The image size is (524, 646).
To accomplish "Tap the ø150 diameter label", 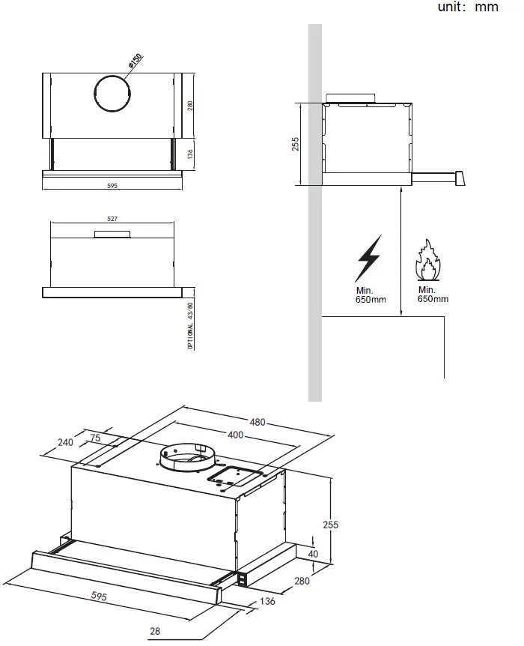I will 135,61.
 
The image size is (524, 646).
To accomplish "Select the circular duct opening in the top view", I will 112,94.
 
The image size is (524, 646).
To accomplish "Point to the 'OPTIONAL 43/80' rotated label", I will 190,326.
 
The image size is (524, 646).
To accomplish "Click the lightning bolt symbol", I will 368,259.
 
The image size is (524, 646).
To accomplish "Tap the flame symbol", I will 427,261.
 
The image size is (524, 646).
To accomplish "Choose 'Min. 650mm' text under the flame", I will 433,295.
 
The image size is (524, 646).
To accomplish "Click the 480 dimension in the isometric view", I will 258,422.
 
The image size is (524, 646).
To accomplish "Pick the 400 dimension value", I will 234,435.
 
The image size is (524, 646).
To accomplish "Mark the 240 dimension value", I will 65,442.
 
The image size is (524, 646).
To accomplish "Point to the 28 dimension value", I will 155,632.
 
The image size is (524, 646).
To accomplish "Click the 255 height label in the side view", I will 295,144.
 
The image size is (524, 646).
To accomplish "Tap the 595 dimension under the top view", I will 113,184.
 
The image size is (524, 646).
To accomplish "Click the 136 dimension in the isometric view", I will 268,601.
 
